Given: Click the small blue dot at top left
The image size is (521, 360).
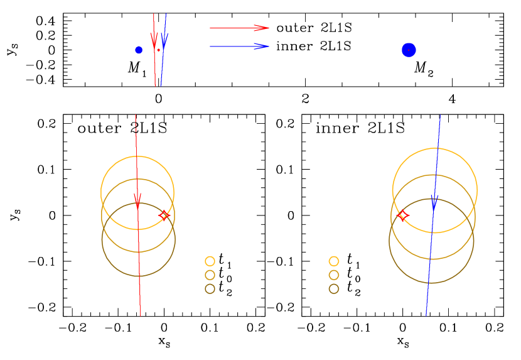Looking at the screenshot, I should coord(139,50).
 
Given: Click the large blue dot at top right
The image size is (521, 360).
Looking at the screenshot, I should coord(409,50).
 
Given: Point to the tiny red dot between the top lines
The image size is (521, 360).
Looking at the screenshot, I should coord(159,50).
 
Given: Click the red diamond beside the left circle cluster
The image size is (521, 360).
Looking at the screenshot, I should coord(164,215).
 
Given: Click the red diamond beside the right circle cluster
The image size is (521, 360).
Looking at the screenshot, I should coord(403,215).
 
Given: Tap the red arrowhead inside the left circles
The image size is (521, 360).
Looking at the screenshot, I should coord(137,200).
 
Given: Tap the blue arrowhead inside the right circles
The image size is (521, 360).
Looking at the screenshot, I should coord(434,202).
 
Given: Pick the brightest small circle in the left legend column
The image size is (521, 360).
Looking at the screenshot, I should coord(210,261).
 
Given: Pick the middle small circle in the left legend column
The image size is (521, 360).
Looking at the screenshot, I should coord(210,275).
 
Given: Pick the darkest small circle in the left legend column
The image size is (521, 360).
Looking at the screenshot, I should coord(210,289).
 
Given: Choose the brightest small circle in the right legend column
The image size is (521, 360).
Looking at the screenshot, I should coord(334,261).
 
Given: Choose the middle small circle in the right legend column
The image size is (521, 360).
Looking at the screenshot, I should coord(334,275).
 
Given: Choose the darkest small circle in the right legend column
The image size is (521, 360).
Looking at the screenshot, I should coord(334,289).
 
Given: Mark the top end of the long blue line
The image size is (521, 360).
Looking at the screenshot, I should coord(439,116).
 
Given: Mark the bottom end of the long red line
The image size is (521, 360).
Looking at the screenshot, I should coord(140,315).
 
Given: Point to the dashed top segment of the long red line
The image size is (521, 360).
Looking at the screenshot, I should coord(136,123).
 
